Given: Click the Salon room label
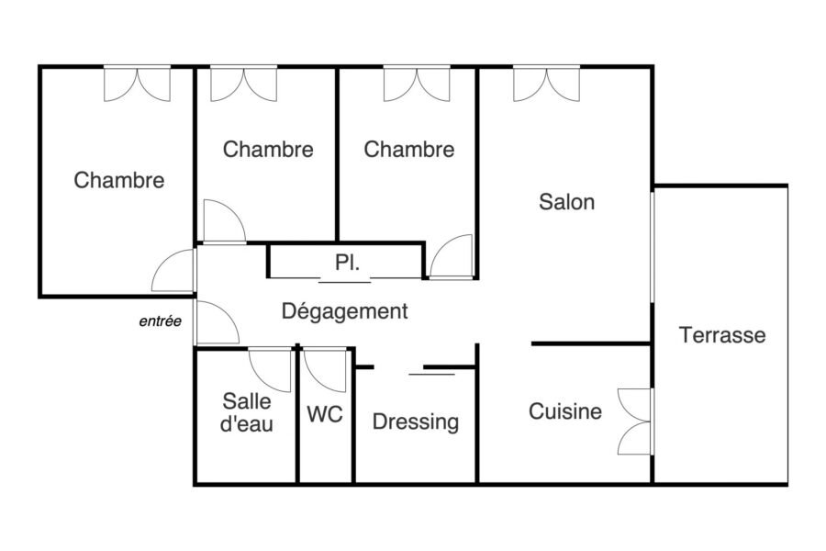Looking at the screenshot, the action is pos(567,202).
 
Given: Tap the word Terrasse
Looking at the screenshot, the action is pos(722,335).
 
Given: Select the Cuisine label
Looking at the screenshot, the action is pos(565,411).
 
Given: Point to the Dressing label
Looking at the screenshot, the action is pos(416,422).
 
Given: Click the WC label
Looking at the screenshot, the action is pos(325,414).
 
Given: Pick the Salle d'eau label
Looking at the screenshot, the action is pos(247,412).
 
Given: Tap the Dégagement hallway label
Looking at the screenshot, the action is pos(345,311).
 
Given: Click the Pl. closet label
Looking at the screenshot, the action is pos(347,262).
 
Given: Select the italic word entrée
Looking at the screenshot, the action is pos(160,321).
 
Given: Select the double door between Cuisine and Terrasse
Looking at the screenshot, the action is pos(635,422).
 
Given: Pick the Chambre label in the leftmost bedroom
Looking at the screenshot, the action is pos(119,180).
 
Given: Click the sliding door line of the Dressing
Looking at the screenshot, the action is pos(431,374).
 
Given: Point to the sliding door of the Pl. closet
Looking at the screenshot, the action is pos(345,282).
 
